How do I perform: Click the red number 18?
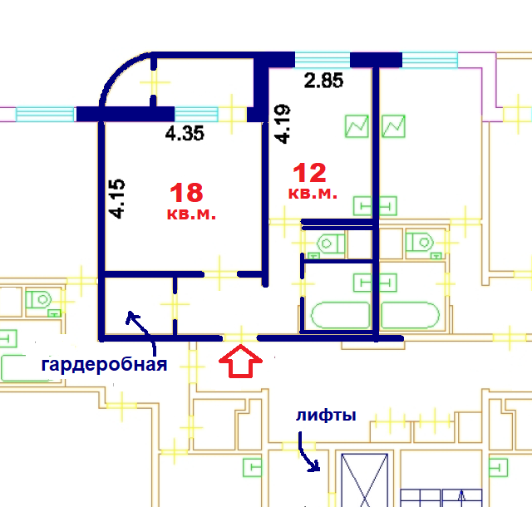(186, 193)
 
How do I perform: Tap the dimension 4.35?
(185, 133)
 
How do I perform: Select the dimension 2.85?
(323, 81)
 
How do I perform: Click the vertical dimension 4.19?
(283, 123)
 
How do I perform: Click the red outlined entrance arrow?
(240, 362)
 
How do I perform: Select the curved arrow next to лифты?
(308, 455)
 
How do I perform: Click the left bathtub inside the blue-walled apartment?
(339, 316)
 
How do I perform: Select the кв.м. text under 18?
(192, 214)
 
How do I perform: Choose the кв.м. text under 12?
(313, 193)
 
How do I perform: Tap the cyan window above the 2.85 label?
(323, 59)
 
